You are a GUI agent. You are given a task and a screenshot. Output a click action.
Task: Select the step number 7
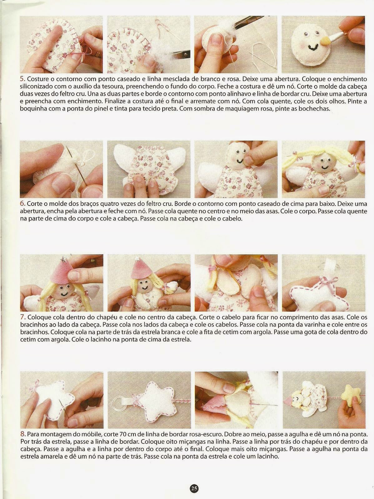point(22,317)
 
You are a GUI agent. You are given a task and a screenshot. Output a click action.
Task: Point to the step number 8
point(22,434)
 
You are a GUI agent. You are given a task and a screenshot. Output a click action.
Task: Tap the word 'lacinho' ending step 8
point(267,456)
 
